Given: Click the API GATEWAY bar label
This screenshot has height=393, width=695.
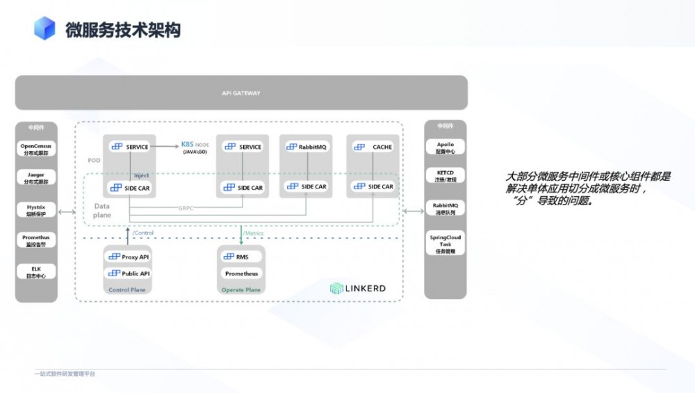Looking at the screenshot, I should tap(240, 93).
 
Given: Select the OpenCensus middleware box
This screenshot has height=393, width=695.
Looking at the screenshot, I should tap(36, 149).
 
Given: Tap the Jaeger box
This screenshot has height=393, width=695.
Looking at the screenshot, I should tap(36, 179).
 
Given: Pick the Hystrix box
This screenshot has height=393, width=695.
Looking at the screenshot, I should tap(36, 209).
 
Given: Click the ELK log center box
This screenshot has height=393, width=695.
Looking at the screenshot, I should tap(36, 271).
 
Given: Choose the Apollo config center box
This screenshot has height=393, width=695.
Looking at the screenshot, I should tap(445, 147).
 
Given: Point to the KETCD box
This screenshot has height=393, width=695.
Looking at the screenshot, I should tap(445, 175).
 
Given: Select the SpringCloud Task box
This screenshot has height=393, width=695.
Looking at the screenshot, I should tap(445, 244).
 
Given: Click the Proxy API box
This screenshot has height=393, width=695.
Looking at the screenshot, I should tap(129, 257).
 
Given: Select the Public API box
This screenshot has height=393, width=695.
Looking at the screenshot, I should tap(129, 273).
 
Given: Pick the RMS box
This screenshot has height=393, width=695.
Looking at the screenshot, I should tap(241, 257).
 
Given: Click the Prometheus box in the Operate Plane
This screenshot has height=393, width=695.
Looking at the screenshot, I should tap(241, 273).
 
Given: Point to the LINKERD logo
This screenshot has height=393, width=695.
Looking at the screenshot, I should tap(357, 288).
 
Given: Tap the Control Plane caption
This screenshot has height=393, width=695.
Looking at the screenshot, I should tap(127, 289).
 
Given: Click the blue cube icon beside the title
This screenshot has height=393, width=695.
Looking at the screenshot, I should tap(44, 29).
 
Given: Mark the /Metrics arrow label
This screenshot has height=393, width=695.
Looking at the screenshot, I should tap(254, 233).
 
